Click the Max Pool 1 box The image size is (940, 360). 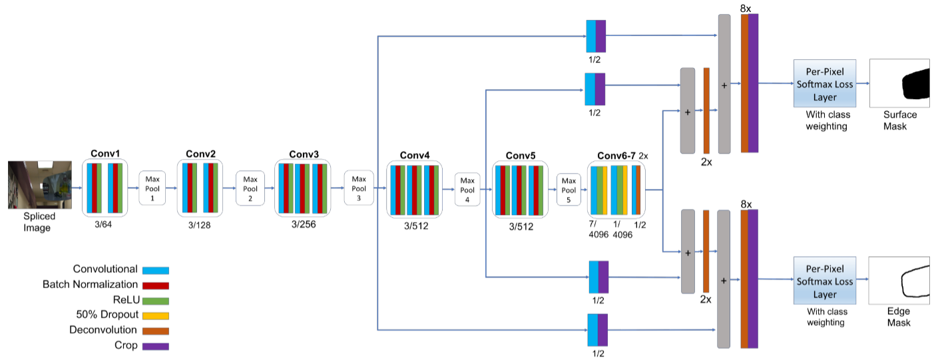click(152, 189)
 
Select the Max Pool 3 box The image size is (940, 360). click(359, 188)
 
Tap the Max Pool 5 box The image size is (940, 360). click(569, 190)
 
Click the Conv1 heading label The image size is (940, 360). click(105, 153)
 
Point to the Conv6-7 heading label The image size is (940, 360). click(616, 156)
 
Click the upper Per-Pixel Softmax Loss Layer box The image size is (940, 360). click(824, 83)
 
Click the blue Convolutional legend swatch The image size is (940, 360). click(156, 270)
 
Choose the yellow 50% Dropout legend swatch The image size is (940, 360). click(156, 315)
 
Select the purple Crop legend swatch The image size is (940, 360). click(156, 346)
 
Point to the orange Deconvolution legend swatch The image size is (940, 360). click(156, 331)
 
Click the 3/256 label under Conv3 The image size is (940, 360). click(303, 224)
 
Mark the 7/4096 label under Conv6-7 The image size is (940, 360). click(598, 230)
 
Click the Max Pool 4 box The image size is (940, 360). click(468, 189)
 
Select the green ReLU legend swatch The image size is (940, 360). click(156, 300)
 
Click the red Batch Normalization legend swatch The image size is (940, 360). click(156, 285)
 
